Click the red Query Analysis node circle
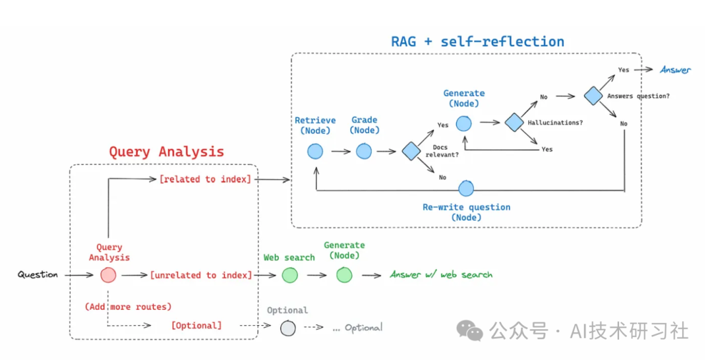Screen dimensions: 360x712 coord(108,275)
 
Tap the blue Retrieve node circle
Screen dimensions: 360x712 coord(315,152)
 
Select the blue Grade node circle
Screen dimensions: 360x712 coord(364,152)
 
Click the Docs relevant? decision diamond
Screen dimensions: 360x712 coord(411,152)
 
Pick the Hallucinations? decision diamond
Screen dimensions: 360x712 coord(514,122)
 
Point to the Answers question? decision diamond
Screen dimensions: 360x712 coord(593,96)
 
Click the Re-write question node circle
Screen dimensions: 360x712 coord(466,189)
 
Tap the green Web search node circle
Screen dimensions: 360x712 coord(290,275)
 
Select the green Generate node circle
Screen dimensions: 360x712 coord(344,275)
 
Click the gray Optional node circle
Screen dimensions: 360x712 coord(287,327)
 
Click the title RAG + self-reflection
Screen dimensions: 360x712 coord(477,42)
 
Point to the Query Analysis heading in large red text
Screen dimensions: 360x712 coord(166,152)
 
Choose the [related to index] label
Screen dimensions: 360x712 coord(205,179)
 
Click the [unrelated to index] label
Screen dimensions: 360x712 coord(201,275)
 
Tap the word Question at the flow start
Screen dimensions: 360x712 coord(38,275)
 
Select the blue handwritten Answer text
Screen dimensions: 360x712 coord(675,70)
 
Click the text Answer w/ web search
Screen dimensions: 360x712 coord(441,275)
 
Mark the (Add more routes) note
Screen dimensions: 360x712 coord(128,307)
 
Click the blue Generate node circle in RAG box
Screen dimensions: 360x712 coord(463,123)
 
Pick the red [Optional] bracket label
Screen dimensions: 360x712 coord(196,326)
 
